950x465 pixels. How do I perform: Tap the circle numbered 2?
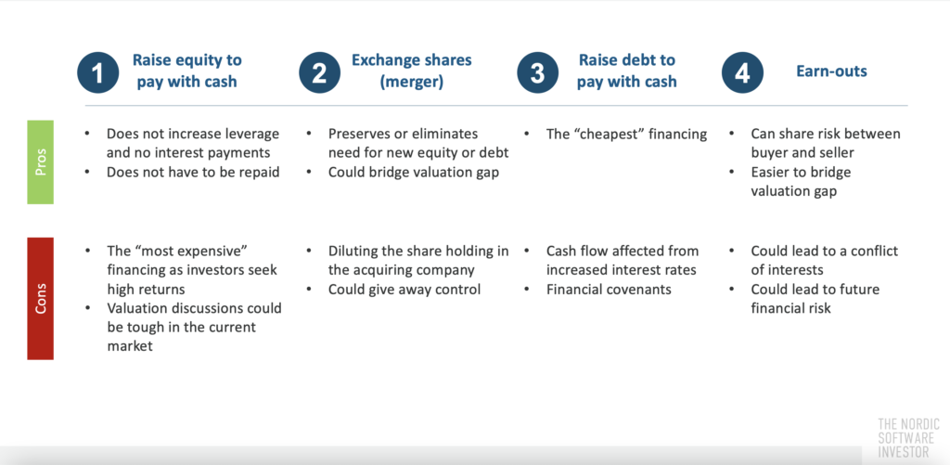[x=318, y=71]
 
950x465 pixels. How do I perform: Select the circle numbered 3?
[x=537, y=71]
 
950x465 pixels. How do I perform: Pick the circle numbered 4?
[x=741, y=71]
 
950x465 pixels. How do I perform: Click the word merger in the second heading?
[x=412, y=82]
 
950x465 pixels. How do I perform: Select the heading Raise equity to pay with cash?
[x=186, y=71]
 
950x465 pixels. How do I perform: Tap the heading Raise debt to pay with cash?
[x=626, y=71]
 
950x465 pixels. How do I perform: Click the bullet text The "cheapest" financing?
[x=626, y=134]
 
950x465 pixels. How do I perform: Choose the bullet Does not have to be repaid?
[x=193, y=172]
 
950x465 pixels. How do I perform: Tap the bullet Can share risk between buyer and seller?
[x=825, y=143]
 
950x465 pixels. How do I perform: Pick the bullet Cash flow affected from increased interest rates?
[x=623, y=260]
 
